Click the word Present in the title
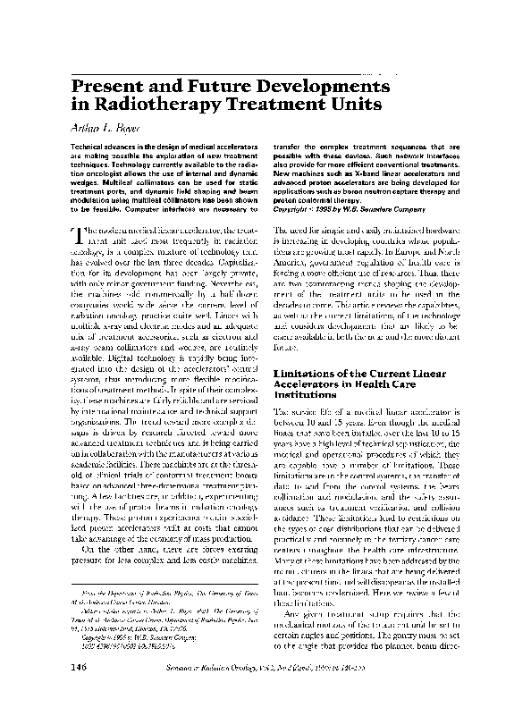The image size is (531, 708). [x=104, y=86]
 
